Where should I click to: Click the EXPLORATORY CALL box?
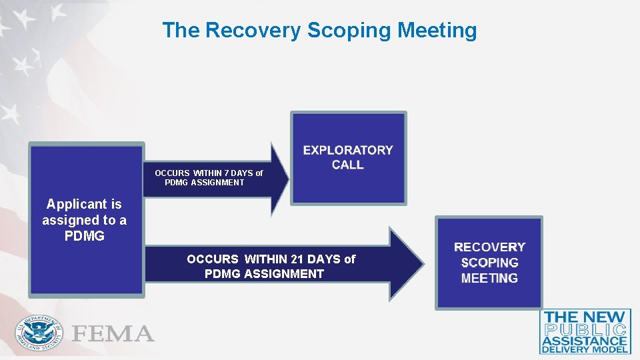coord(348,158)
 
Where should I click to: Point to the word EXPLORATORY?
coord(348,150)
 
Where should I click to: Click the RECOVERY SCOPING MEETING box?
coord(489,263)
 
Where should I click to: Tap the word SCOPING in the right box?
coord(489,263)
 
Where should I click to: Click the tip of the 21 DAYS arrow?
coord(422,265)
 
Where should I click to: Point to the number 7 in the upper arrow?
coord(227,173)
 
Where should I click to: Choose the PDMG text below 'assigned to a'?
coord(84,236)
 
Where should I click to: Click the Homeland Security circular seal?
coord(39,333)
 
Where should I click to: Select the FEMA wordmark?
coord(113,333)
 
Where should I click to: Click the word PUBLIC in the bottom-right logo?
coord(585,329)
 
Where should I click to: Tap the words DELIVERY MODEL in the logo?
coord(585,349)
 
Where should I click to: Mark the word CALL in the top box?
coord(348,165)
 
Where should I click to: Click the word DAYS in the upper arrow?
coord(243,173)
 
